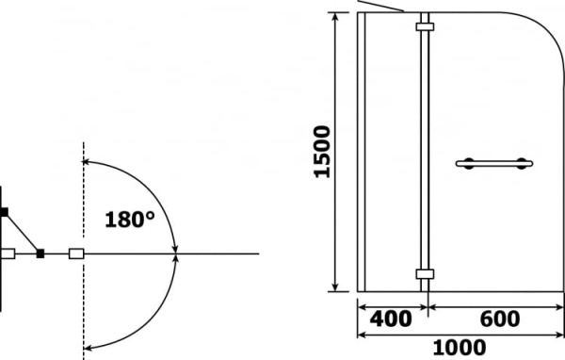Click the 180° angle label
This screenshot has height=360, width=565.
tap(130, 220)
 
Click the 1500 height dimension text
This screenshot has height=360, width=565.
tap(322, 152)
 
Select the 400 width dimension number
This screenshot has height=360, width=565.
tap(391, 319)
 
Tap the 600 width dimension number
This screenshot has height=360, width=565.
tap(500, 319)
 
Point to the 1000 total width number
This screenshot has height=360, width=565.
tap(460, 348)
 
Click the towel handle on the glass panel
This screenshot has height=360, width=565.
tap(494, 164)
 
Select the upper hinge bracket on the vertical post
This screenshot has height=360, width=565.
tap(425, 26)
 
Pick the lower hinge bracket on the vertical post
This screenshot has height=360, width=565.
tap(425, 274)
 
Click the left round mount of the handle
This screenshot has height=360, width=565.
tap(469, 164)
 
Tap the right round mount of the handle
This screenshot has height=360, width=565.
tap(522, 164)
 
